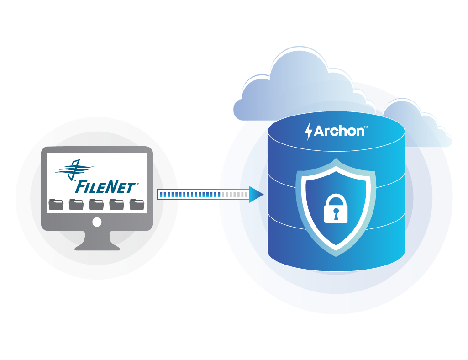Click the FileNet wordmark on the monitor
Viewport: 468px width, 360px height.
(x=105, y=186)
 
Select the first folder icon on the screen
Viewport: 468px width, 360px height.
(x=56, y=204)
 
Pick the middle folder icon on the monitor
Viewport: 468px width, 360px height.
(x=96, y=204)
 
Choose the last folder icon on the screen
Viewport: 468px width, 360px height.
(x=137, y=204)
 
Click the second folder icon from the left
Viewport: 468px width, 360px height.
(x=76, y=204)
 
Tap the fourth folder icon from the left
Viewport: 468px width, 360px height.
(x=116, y=204)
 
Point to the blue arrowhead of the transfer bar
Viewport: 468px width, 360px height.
(x=257, y=195)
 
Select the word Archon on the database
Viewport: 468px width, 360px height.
(x=339, y=131)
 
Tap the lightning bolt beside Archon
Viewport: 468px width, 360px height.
(x=309, y=131)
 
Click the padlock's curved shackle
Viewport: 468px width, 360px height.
(x=336, y=198)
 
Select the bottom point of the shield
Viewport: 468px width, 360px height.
(x=336, y=253)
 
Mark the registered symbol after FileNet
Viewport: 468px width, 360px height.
(x=137, y=184)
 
